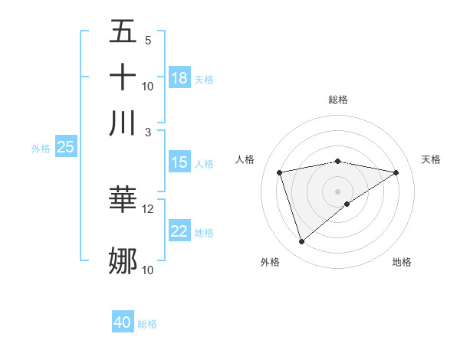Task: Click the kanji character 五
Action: pyautogui.click(x=123, y=31)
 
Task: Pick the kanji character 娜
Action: pyautogui.click(x=123, y=260)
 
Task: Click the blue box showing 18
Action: pyautogui.click(x=179, y=77)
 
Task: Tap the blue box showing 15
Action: pyautogui.click(x=179, y=162)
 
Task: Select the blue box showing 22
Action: pyautogui.click(x=179, y=231)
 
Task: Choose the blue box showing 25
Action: pyautogui.click(x=65, y=147)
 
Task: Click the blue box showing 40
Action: pyautogui.click(x=123, y=322)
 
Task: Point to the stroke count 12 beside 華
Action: pyautogui.click(x=148, y=208)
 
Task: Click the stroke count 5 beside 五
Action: pyautogui.click(x=147, y=40)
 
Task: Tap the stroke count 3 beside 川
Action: pyautogui.click(x=149, y=131)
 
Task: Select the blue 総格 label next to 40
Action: pyautogui.click(x=147, y=324)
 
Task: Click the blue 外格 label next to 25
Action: pyautogui.click(x=40, y=149)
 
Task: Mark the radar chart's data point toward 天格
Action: pyautogui.click(x=396, y=173)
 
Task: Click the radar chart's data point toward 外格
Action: pyautogui.click(x=301, y=242)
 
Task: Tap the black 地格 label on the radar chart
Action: pyautogui.click(x=402, y=262)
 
